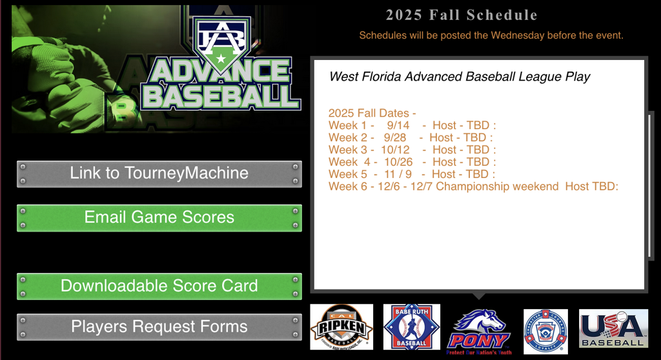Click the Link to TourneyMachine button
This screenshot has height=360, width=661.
(x=159, y=174)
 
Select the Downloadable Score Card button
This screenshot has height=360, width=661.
(x=159, y=286)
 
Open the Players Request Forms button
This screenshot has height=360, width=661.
(x=159, y=326)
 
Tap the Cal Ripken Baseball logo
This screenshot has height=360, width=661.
(x=341, y=327)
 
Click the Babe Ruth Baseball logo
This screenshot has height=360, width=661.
(x=411, y=327)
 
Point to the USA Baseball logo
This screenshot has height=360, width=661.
(x=613, y=328)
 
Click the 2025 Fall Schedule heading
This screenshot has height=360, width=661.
(x=462, y=15)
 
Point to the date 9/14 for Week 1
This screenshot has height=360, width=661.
(x=398, y=125)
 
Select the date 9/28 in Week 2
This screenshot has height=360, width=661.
(x=395, y=137)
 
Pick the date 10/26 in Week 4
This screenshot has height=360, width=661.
(x=398, y=162)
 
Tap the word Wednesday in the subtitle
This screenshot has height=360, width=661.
(x=518, y=35)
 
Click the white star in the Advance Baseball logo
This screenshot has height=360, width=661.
(x=221, y=59)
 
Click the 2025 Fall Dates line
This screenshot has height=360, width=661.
(x=372, y=113)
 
